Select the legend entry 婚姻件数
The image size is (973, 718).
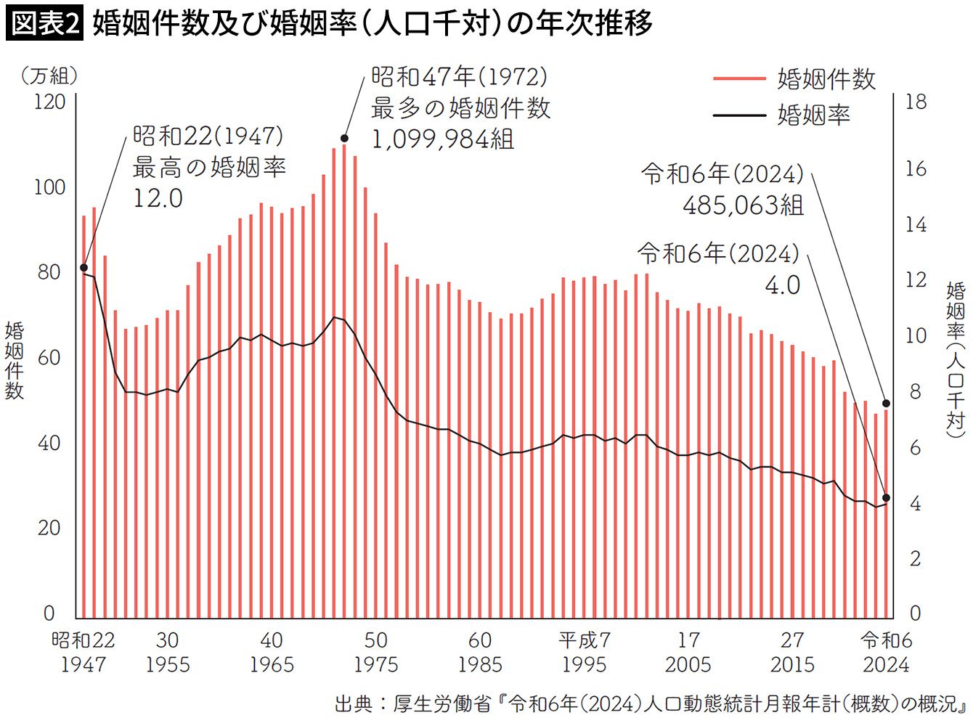826,78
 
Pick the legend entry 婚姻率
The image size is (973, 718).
813,115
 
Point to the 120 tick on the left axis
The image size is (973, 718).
49,102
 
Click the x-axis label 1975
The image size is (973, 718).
375,664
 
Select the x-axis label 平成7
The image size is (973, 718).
584,640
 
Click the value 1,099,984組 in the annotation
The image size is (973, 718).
442,139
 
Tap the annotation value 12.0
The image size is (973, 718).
158,198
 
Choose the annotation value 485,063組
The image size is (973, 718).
743,205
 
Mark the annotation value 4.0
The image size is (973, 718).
782,285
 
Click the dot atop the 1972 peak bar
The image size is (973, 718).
344,138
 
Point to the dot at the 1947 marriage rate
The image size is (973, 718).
84,268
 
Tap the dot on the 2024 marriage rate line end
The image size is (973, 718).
886,498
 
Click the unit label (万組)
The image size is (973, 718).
49,75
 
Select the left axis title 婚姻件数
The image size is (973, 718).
15,360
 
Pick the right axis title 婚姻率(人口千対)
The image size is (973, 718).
956,360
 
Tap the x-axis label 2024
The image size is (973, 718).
886,664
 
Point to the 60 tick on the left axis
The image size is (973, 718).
49,358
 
